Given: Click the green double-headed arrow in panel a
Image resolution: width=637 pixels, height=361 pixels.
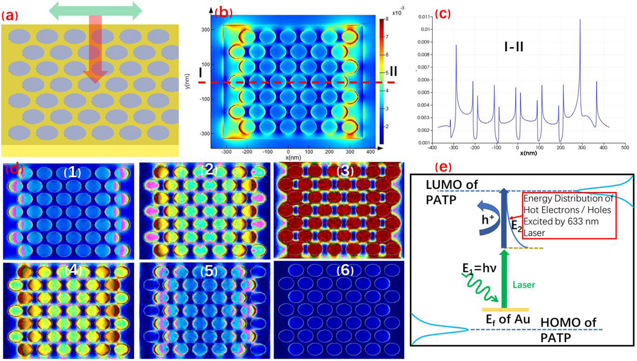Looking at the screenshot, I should click(x=95, y=12).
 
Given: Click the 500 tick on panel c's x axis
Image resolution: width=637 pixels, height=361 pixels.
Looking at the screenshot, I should click(x=625, y=148).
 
